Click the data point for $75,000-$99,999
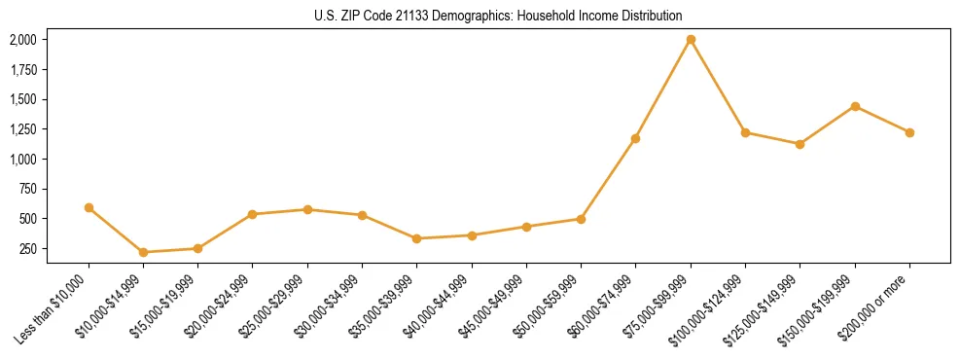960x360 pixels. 691,40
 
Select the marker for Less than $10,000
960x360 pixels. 89,207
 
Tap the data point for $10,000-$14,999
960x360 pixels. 144,252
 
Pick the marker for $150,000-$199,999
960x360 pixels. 855,106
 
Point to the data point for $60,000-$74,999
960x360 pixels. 636,138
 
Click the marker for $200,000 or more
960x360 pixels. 909,132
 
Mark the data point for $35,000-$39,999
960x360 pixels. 417,238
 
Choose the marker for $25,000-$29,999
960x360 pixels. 307,209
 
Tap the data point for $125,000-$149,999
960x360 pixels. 800,144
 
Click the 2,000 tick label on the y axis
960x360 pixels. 22,40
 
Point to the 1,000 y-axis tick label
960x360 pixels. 22,160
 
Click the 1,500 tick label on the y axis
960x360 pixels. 22,99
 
